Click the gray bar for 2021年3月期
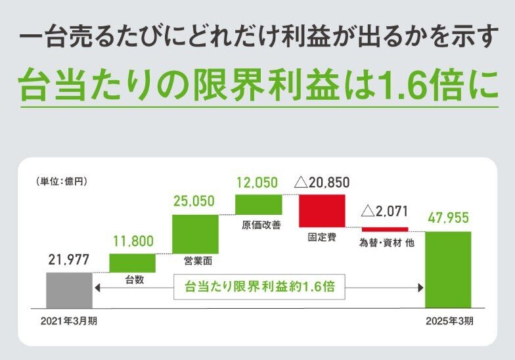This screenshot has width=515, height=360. (x=69, y=290)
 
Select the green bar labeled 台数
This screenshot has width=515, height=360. (x=132, y=262)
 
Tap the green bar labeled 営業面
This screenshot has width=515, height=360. (x=194, y=233)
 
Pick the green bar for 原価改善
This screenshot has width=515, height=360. (x=258, y=204)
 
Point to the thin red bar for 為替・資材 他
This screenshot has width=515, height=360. (x=385, y=229)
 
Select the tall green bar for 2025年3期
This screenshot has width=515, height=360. (x=448, y=269)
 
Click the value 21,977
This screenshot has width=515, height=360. (x=69, y=260)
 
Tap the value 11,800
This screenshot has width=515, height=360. (x=132, y=241)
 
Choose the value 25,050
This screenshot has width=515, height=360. (x=194, y=202)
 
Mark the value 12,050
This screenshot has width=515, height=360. (x=257, y=182)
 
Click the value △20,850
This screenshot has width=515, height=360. (x=325, y=183)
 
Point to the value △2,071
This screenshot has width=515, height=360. (x=385, y=212)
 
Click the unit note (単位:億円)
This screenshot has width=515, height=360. (x=62, y=179)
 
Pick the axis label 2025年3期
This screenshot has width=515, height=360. (x=449, y=322)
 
